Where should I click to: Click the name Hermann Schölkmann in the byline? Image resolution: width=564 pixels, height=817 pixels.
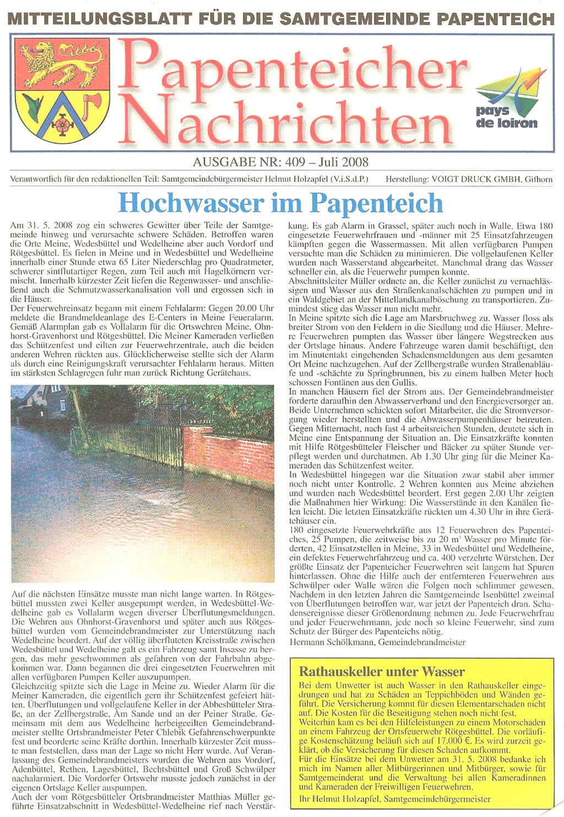tap(330, 642)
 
